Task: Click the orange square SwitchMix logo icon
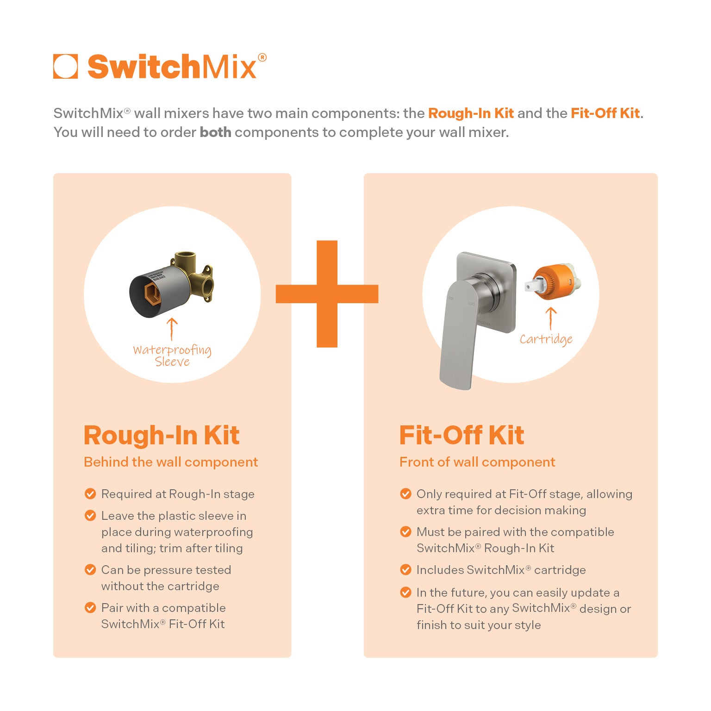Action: coord(65,66)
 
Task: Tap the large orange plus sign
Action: coord(327,294)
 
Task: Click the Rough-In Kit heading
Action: coord(162,436)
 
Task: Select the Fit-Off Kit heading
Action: coord(462,436)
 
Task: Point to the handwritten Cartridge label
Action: coord(546,339)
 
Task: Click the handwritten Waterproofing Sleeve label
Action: coord(172,355)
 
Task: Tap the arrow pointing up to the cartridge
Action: coord(551,319)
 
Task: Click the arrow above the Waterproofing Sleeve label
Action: coord(172,329)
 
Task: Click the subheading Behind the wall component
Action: coord(171,462)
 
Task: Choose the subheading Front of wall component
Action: coord(477,462)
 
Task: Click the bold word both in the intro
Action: coord(215,132)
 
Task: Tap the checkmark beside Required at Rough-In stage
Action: coord(90,494)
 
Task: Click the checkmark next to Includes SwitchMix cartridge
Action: coord(405,570)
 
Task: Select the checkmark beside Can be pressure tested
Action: coord(90,570)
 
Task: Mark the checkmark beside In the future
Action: coord(405,592)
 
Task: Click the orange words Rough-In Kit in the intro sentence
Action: coord(471,113)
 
